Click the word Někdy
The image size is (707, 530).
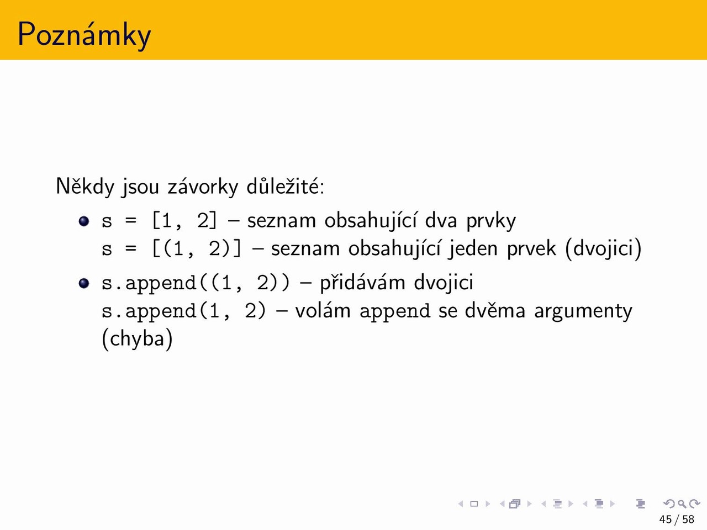coord(85,186)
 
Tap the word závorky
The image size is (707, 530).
coord(203,187)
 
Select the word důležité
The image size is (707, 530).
coord(286,185)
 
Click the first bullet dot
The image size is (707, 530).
coord(84,221)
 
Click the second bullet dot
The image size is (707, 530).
coord(84,283)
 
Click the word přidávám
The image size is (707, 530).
coord(362,283)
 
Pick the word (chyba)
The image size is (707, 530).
coord(137,338)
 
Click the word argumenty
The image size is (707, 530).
coord(583,312)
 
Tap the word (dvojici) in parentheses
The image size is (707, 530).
coord(603,249)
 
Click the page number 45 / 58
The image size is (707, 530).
coord(677,520)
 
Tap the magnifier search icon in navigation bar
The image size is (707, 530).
coord(682,504)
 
